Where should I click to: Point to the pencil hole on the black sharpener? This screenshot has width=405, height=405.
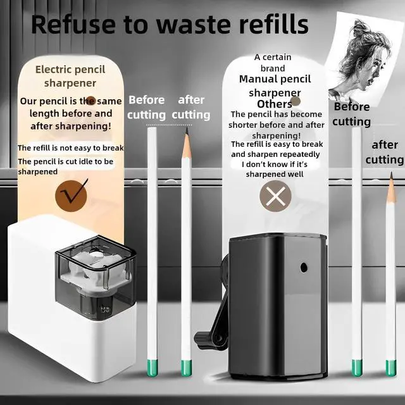[x=304, y=268]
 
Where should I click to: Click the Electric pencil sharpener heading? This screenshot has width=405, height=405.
[x=70, y=76]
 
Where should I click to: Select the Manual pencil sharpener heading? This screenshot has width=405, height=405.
[x=275, y=86]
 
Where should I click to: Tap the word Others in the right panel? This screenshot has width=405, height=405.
[x=273, y=104]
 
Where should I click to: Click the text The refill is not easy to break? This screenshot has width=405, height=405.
[x=70, y=148]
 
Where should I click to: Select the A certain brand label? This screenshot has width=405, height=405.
[x=273, y=63]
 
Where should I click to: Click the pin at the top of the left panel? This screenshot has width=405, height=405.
[x=90, y=101]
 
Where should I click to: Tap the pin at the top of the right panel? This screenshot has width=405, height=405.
[x=295, y=101]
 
